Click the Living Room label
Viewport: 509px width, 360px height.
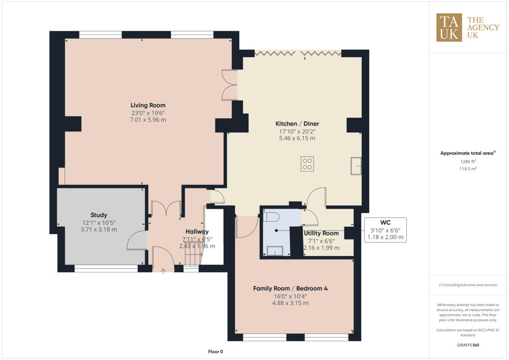[148, 105]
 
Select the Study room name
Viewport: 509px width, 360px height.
[98, 215]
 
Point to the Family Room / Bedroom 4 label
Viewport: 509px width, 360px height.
[290, 288]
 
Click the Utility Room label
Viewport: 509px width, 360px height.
[321, 233]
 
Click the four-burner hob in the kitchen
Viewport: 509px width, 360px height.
[308, 164]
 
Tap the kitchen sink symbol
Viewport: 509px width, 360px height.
[355, 165]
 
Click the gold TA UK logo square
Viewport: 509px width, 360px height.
[449, 28]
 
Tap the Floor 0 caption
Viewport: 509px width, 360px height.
[215, 352]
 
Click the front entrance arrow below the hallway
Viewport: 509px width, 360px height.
[164, 271]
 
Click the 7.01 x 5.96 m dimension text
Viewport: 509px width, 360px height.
[148, 120]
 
